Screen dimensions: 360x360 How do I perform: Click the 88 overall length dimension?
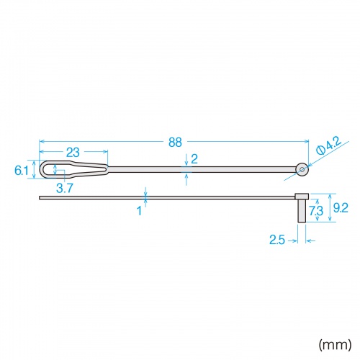click(175, 143)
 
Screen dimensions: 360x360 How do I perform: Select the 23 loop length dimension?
click(73, 152)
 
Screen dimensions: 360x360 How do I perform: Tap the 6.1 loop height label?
click(22, 171)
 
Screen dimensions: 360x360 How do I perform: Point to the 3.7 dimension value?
click(65, 188)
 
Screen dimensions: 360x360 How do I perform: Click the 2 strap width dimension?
click(194, 159)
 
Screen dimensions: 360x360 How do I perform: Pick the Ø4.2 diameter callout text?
click(329, 146)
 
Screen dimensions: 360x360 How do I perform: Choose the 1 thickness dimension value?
click(139, 211)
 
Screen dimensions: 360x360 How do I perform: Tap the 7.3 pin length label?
click(316, 211)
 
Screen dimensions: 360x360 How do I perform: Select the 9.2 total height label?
click(341, 208)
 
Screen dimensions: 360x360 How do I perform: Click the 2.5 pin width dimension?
click(277, 240)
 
